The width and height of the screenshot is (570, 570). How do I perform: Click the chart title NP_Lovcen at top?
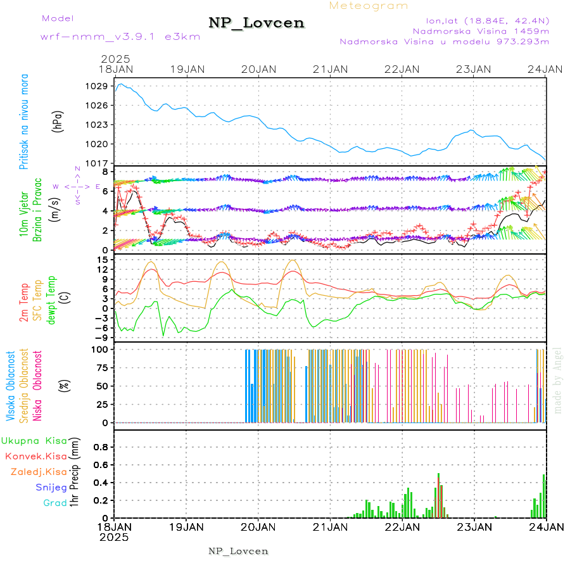point(256,23)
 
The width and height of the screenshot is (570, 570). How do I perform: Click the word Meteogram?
point(369,6)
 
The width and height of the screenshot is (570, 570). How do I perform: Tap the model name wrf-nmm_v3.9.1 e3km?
point(120,37)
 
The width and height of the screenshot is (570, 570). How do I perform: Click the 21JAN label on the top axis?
point(330,69)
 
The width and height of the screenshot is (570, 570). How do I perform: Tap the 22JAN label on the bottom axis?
point(402,526)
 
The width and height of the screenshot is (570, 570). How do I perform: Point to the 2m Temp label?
point(24,303)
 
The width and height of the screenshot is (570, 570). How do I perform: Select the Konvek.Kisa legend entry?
point(35,456)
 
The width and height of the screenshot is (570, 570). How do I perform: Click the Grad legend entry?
point(55,503)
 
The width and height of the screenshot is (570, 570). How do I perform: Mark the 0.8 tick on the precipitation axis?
point(100,446)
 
